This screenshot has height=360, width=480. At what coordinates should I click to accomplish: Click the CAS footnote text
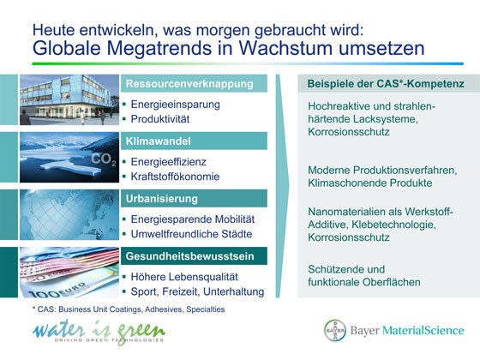click(x=122, y=309)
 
